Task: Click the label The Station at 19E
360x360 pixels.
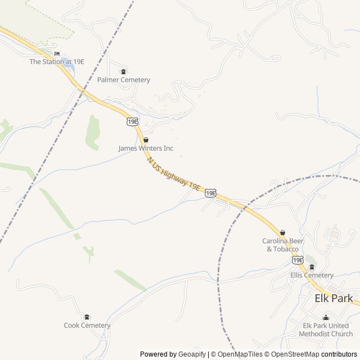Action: (x=57, y=62)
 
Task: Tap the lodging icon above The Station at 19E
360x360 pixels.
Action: (x=57, y=54)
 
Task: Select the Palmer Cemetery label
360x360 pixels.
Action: (x=124, y=80)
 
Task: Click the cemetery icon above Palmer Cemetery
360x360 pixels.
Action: (x=124, y=72)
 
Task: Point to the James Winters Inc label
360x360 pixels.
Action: (x=146, y=148)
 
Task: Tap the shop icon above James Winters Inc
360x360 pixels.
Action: (x=146, y=140)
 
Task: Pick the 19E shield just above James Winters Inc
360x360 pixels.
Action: (x=132, y=121)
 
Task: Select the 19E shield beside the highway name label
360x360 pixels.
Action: (x=210, y=193)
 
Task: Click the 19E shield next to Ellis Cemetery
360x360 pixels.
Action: (x=297, y=260)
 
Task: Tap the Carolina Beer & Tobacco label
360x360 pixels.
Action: (x=282, y=245)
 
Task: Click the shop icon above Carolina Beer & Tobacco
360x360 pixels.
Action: (x=282, y=232)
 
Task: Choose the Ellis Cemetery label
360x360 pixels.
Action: (x=312, y=275)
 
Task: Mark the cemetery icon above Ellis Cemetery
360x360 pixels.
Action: (x=312, y=267)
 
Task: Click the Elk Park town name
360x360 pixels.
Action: (x=334, y=298)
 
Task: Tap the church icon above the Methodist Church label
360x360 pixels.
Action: (x=326, y=318)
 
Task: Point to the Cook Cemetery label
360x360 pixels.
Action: (x=87, y=325)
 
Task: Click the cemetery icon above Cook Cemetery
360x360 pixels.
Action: (x=87, y=317)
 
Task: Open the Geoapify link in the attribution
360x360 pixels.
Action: (x=192, y=354)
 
